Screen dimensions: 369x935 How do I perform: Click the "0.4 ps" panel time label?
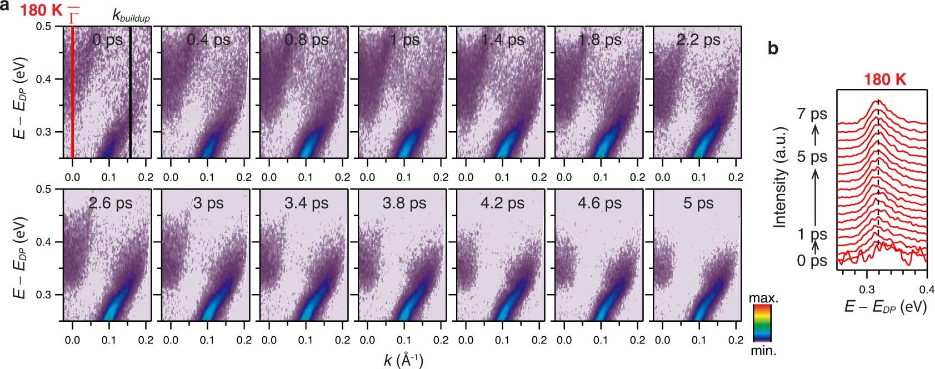(x=208, y=40)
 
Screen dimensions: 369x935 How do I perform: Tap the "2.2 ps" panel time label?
(x=698, y=40)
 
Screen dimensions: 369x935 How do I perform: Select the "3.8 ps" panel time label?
(x=404, y=203)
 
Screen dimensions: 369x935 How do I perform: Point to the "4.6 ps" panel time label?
(x=600, y=203)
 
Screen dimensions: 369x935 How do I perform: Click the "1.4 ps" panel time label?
(x=502, y=40)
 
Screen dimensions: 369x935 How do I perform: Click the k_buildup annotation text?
(x=131, y=16)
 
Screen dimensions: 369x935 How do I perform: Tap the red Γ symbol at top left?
(x=73, y=17)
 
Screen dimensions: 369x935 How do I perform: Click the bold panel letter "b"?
(x=773, y=49)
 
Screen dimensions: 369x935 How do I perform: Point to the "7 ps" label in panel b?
(x=812, y=114)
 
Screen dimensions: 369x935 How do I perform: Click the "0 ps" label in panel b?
(x=812, y=260)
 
